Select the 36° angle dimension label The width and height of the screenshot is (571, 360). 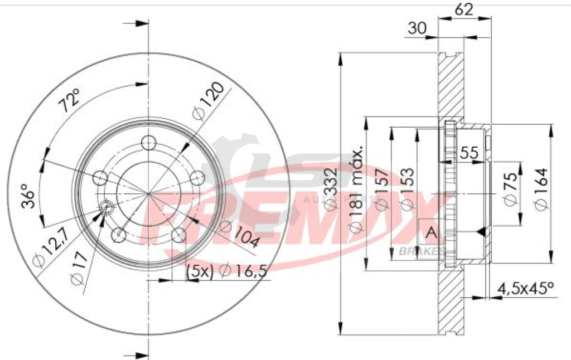(28, 196)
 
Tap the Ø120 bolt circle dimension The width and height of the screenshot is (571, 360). (209, 101)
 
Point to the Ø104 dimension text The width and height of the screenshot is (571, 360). (240, 234)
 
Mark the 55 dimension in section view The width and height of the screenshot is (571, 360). (470, 154)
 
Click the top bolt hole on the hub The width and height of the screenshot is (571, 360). (148, 142)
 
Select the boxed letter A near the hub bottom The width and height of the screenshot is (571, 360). (430, 233)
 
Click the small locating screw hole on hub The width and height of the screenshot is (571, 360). (107, 207)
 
